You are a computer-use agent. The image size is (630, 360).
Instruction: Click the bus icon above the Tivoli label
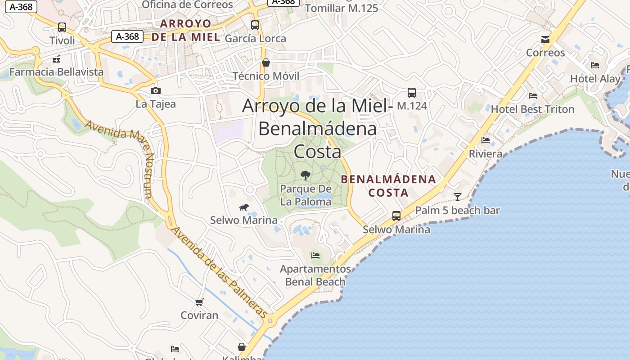pos(62,27)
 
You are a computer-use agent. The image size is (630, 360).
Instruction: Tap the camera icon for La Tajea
pos(156,91)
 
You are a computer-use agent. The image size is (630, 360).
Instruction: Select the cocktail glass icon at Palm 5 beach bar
pos(458,197)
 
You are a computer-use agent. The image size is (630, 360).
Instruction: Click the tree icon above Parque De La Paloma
pos(306,175)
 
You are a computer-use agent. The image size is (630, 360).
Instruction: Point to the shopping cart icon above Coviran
pos(199,302)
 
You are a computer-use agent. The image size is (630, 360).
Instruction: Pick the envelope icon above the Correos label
pos(545,40)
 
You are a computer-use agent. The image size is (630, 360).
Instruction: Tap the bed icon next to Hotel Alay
pos(595,65)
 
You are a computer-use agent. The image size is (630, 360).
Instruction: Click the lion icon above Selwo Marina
pos(244,207)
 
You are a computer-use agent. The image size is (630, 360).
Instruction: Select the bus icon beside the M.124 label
pos(411,93)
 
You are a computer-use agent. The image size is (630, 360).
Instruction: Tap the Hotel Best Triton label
pos(532,109)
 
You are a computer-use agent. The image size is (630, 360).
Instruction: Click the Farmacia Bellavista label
pos(56,72)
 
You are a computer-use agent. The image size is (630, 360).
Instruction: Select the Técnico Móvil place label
pos(265,76)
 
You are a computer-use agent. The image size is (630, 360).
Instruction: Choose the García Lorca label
pos(255,39)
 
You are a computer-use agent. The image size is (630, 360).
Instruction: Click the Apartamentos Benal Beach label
pos(315,275)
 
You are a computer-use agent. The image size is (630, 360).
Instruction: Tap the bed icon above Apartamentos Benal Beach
pos(315,256)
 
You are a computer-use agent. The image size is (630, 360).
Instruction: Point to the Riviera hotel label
pos(486,154)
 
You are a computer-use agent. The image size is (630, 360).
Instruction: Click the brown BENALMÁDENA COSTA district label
pos(388,186)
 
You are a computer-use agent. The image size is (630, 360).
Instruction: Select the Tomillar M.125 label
pos(342,8)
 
